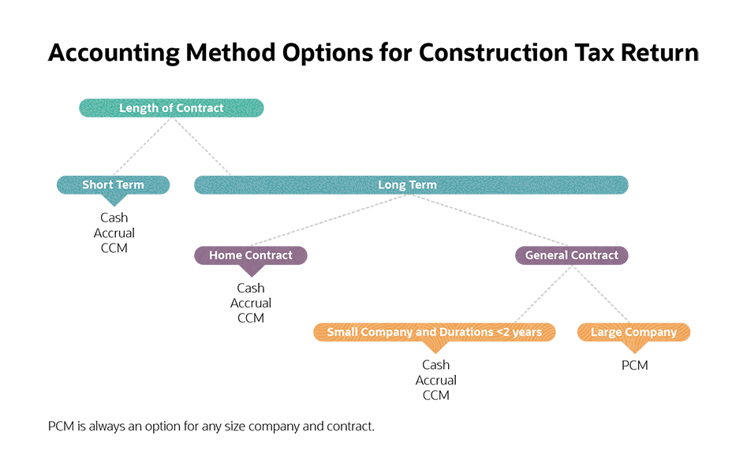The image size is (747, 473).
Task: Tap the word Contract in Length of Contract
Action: pos(199,108)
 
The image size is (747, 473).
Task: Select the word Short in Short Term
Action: pos(98,185)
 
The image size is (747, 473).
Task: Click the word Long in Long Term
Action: pos(392,185)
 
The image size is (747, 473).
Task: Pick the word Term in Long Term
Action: pos(423,185)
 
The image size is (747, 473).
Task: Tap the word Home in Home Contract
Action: pos(226,255)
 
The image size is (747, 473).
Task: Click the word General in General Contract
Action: pos(547,255)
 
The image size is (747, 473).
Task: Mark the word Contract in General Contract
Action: pos(595,255)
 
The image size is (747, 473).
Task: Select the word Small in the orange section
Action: pos(343,333)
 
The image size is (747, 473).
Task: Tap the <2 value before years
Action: pos(503,333)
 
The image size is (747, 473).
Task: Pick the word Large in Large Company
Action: pos(607,333)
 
